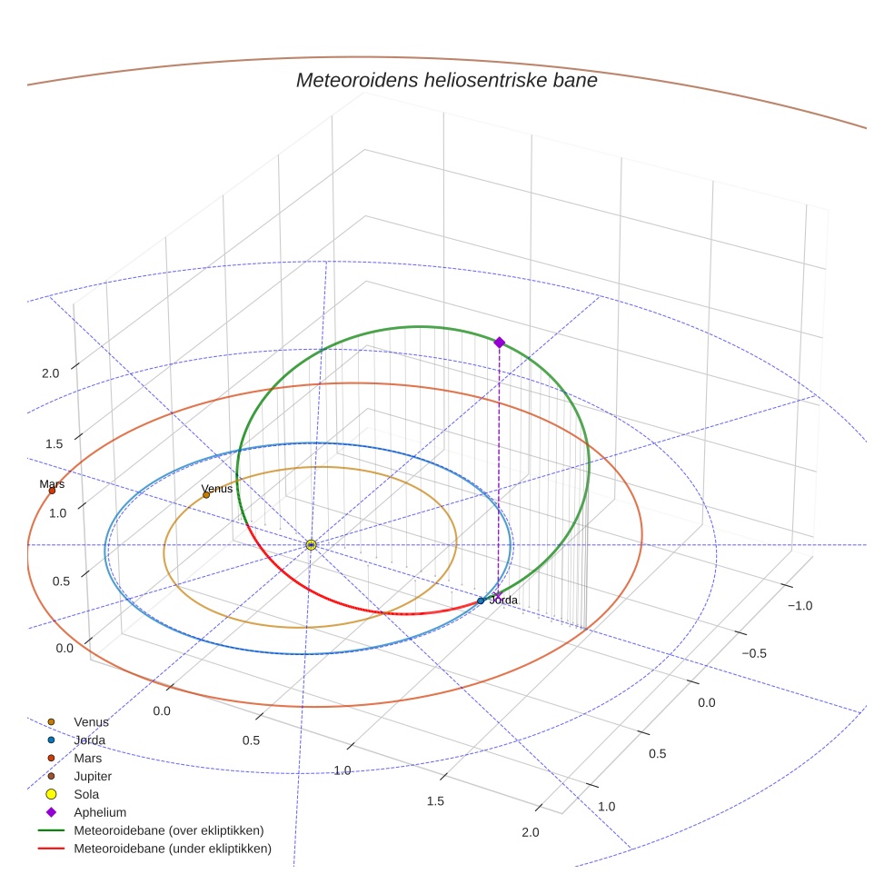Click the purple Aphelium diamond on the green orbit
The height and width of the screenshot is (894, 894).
499,342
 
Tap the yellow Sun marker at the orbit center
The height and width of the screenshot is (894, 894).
311,544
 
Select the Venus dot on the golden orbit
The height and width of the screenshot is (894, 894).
206,494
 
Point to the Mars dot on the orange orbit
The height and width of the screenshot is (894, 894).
52,491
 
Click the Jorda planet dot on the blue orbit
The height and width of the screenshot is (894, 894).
481,601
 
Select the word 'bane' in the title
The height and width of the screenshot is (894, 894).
576,80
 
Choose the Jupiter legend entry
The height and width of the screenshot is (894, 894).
93,776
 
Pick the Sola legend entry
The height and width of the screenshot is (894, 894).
86,794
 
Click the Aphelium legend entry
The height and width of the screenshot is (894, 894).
100,812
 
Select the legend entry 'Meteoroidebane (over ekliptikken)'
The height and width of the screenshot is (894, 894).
169,830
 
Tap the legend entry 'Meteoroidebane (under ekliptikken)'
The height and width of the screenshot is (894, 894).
173,849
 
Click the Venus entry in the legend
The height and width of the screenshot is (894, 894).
91,721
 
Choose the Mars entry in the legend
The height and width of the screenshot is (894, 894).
88,758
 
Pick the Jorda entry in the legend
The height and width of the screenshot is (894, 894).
90,740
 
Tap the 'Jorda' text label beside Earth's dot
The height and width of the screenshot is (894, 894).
503,600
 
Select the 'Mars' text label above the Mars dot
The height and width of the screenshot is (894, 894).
52,484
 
